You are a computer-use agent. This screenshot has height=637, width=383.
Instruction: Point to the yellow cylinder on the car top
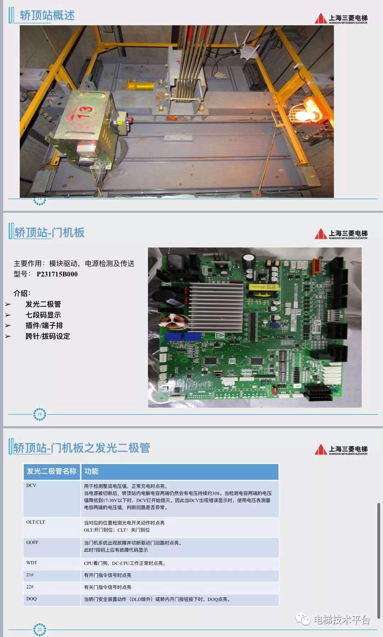click(141, 85)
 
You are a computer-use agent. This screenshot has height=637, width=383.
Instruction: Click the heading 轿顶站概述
click(47, 16)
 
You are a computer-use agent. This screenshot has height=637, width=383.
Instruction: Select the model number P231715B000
click(57, 274)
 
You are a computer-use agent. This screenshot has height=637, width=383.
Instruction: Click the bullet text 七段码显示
click(43, 315)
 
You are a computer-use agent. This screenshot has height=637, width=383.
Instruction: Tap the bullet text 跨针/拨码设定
click(48, 336)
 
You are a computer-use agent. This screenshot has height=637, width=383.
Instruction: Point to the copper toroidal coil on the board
click(171, 321)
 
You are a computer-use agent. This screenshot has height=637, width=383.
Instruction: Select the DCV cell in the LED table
click(31, 485)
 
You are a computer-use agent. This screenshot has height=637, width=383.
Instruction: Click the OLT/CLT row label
click(35, 522)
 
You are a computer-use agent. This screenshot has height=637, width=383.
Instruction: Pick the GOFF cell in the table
click(32, 542)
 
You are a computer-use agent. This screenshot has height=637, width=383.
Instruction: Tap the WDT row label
click(32, 563)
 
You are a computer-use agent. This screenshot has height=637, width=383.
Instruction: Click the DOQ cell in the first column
click(32, 599)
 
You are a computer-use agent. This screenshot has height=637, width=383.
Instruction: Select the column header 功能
click(91, 471)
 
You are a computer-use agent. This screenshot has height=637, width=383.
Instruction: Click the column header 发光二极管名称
click(52, 471)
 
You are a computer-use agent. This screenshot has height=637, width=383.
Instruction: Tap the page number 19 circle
click(39, 414)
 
